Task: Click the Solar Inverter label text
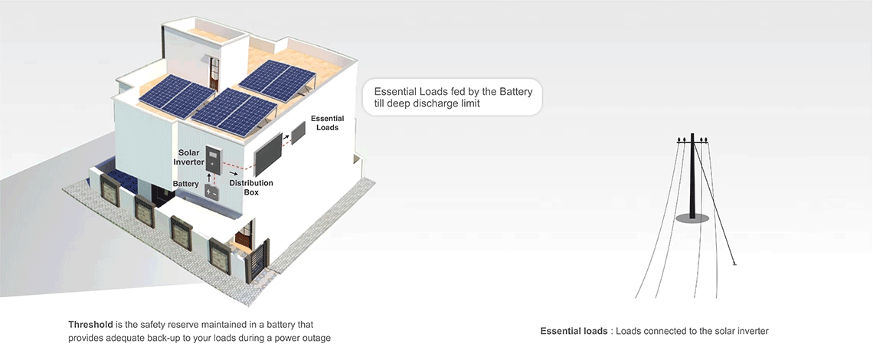[188, 157]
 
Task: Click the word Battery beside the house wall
[185, 184]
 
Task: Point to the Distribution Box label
[251, 187]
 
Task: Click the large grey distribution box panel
[268, 155]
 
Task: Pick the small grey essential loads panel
[298, 133]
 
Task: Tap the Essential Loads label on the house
[328, 123]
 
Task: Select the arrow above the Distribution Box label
[234, 173]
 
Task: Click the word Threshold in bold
[90, 324]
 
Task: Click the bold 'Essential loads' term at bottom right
[574, 331]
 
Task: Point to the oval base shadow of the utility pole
[692, 218]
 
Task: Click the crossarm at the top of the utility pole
[692, 142]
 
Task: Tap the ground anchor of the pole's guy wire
[735, 263]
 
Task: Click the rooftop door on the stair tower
[214, 74]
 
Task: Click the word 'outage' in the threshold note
[317, 339]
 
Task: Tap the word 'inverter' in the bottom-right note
[752, 331]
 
